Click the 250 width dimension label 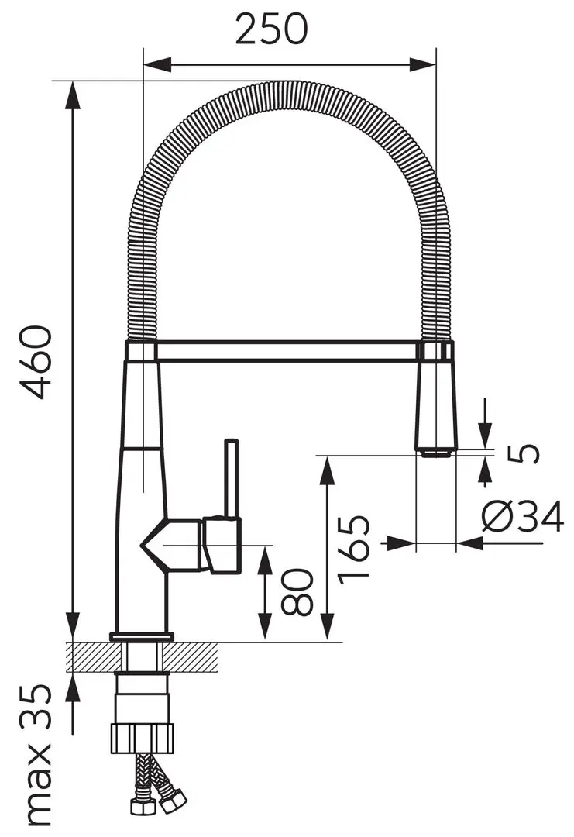[x=271, y=29]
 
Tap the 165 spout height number [x=354, y=547]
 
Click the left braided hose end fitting [x=141, y=807]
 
